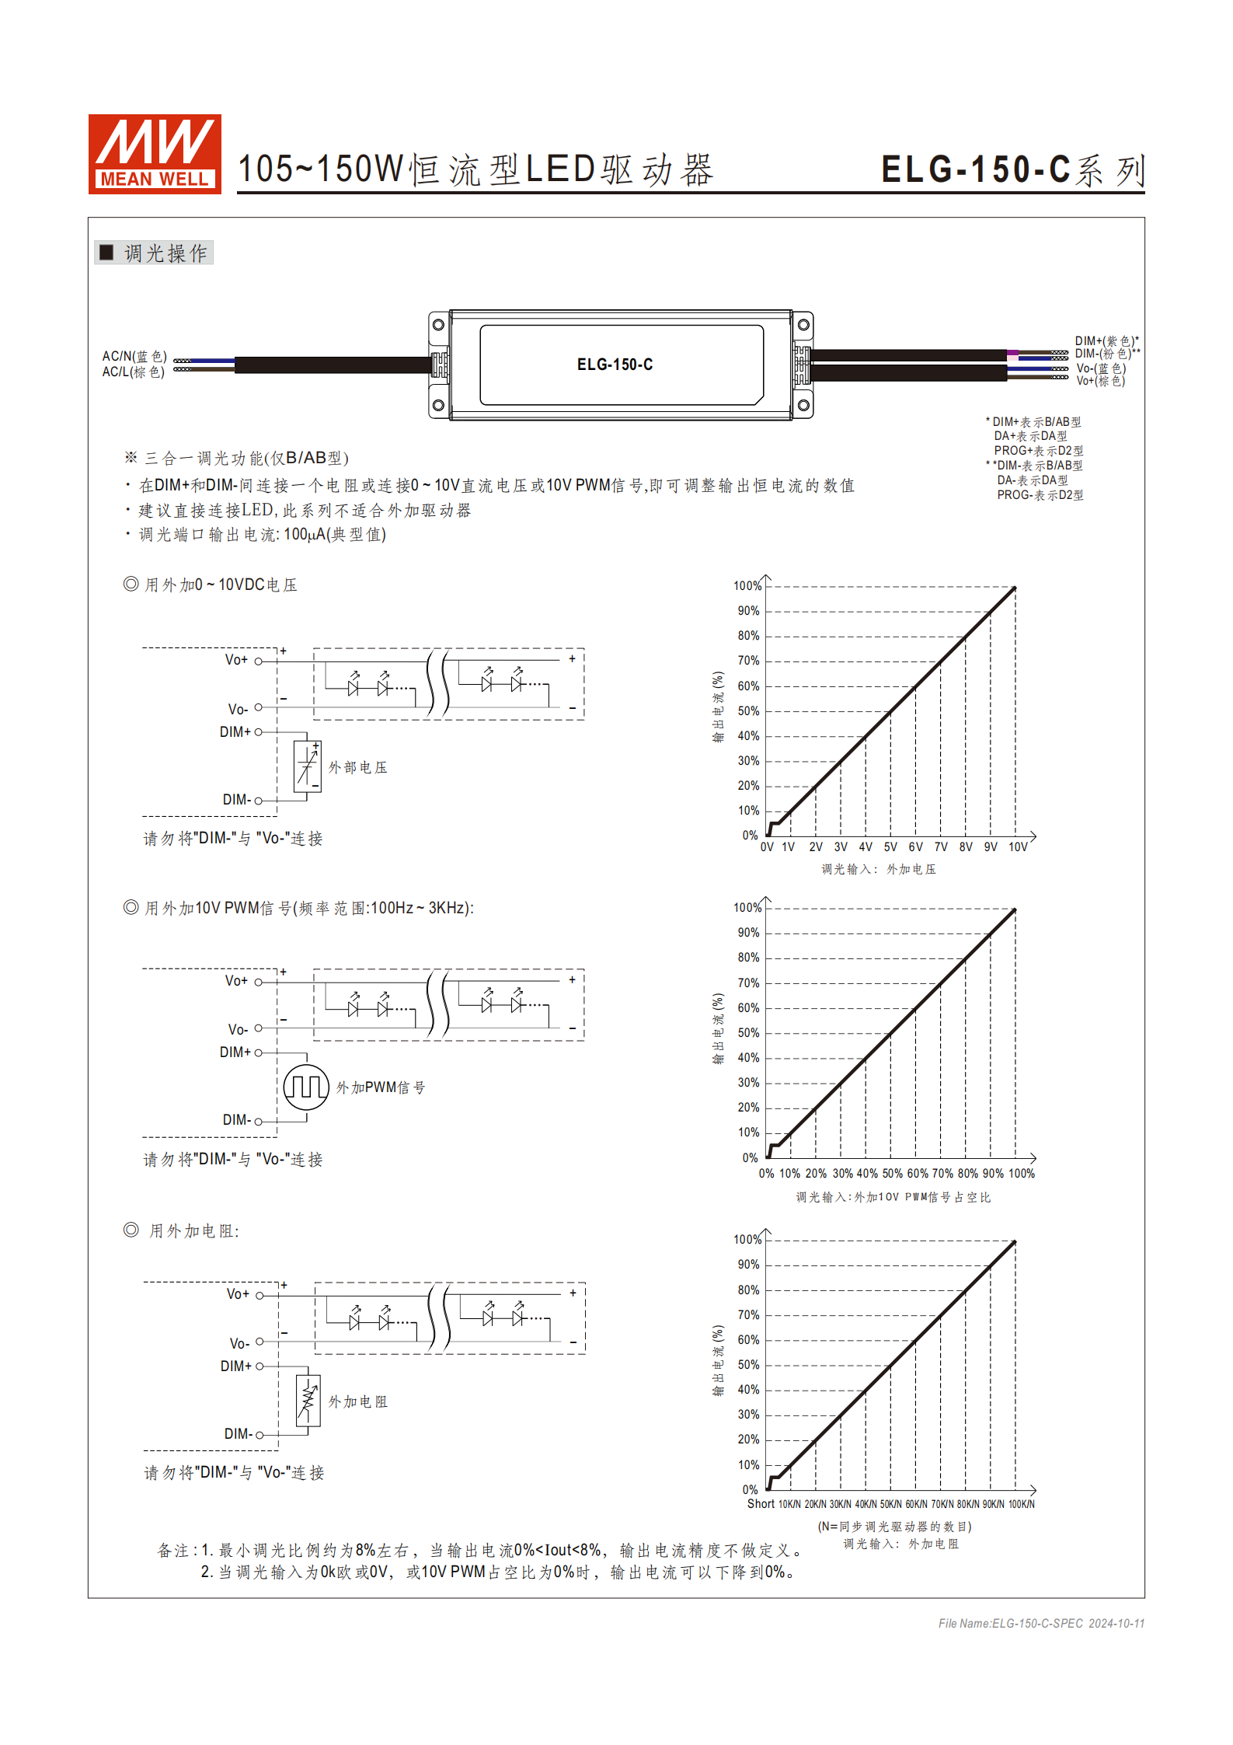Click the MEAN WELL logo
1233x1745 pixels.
[x=155, y=154]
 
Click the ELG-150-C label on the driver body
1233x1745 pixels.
[x=615, y=365]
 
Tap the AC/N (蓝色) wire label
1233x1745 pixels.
[x=134, y=356]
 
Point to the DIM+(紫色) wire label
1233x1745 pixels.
[x=1106, y=340]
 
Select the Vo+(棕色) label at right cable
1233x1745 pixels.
[x=1100, y=381]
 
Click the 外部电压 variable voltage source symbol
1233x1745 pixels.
[x=308, y=766]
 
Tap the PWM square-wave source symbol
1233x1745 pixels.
[x=306, y=1087]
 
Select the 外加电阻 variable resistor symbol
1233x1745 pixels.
[x=308, y=1401]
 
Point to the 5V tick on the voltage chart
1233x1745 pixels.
[x=890, y=847]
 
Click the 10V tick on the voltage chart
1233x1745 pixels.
[x=1018, y=847]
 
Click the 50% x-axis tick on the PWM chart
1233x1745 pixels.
[x=892, y=1174]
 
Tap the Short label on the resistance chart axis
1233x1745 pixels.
[x=761, y=1504]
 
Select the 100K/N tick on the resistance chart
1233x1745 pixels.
[x=1021, y=1504]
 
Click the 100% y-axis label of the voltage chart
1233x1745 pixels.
[x=747, y=586]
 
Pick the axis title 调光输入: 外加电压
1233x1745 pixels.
[x=879, y=869]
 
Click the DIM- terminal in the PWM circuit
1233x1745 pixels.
[x=258, y=1121]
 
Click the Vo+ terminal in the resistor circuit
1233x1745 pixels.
[x=259, y=1295]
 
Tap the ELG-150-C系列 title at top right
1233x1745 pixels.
[x=1012, y=170]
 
